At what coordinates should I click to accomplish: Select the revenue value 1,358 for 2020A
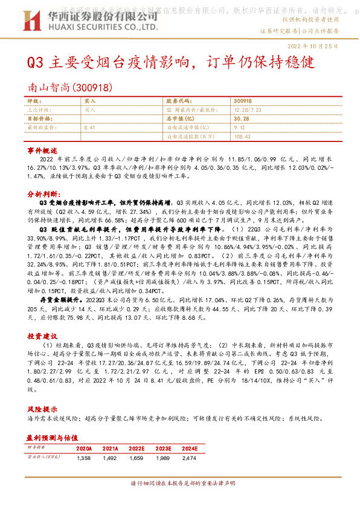84,459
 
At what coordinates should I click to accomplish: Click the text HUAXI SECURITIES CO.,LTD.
103,27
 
